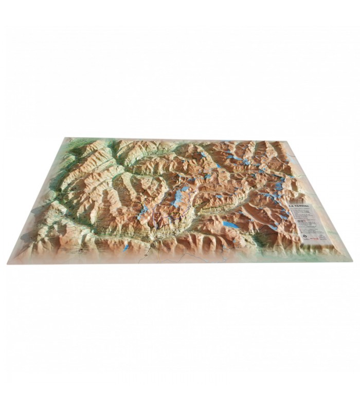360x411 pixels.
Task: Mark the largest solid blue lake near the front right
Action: [230, 225]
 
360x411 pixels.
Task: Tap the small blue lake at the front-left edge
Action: [127, 247]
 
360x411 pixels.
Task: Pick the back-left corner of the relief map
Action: [65, 138]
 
